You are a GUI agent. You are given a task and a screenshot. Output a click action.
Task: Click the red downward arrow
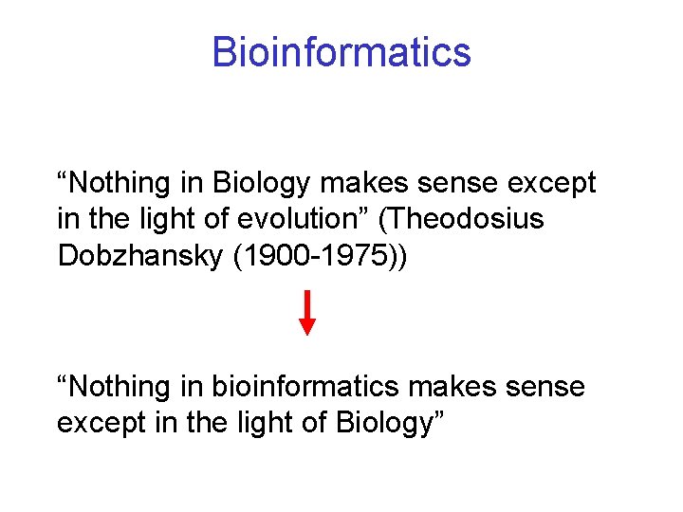tap(307, 314)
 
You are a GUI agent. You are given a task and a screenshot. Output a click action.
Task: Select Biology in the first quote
tap(257, 183)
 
